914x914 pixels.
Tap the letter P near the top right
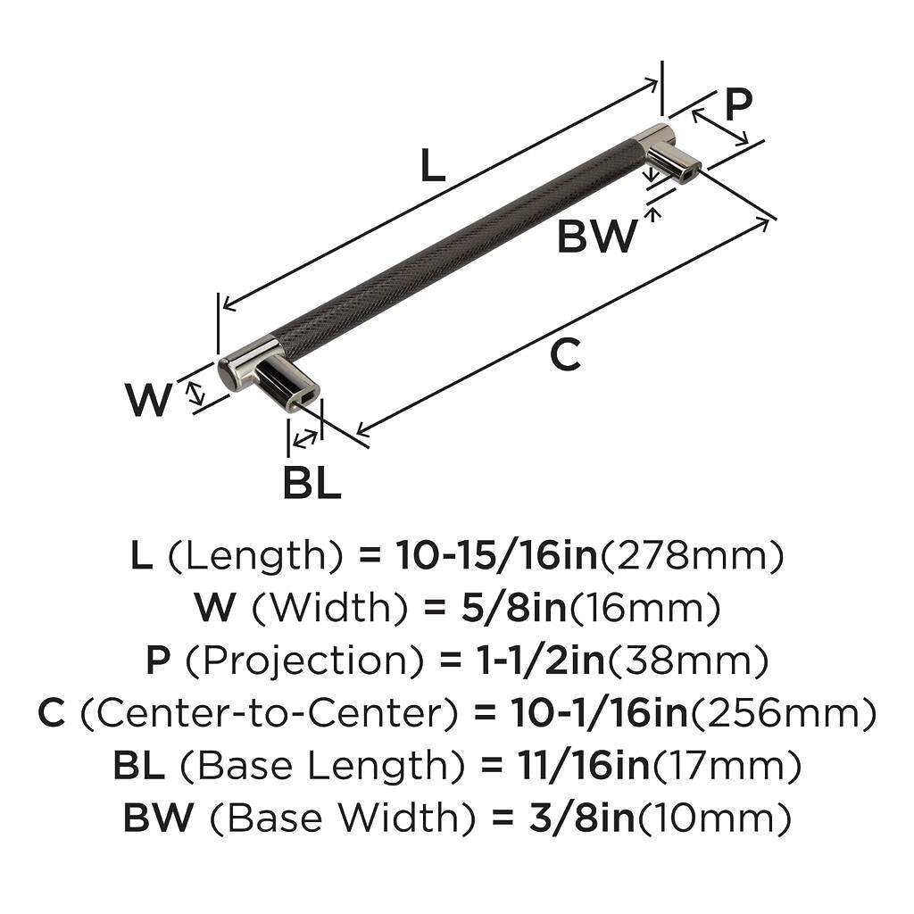738,104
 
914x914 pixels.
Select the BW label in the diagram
597,236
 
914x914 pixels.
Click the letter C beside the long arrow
565,354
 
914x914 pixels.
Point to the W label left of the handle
149,400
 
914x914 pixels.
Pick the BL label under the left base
312,483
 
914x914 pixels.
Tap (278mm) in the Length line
692,556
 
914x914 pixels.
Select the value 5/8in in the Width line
513,607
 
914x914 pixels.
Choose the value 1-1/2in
542,660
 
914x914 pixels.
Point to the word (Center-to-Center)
269,713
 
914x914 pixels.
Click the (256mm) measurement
784,713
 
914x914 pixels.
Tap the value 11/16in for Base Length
583,765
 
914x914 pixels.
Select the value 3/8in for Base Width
582,818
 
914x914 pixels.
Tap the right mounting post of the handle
674,163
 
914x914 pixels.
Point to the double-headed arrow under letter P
720,128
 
